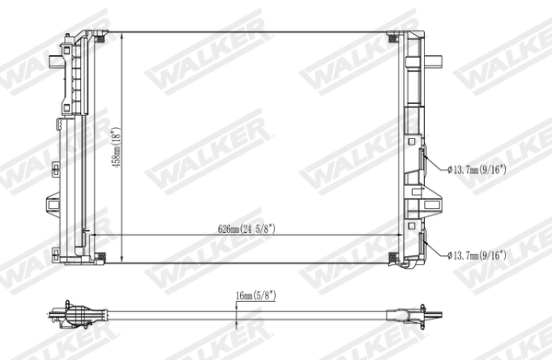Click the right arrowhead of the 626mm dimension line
397,237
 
